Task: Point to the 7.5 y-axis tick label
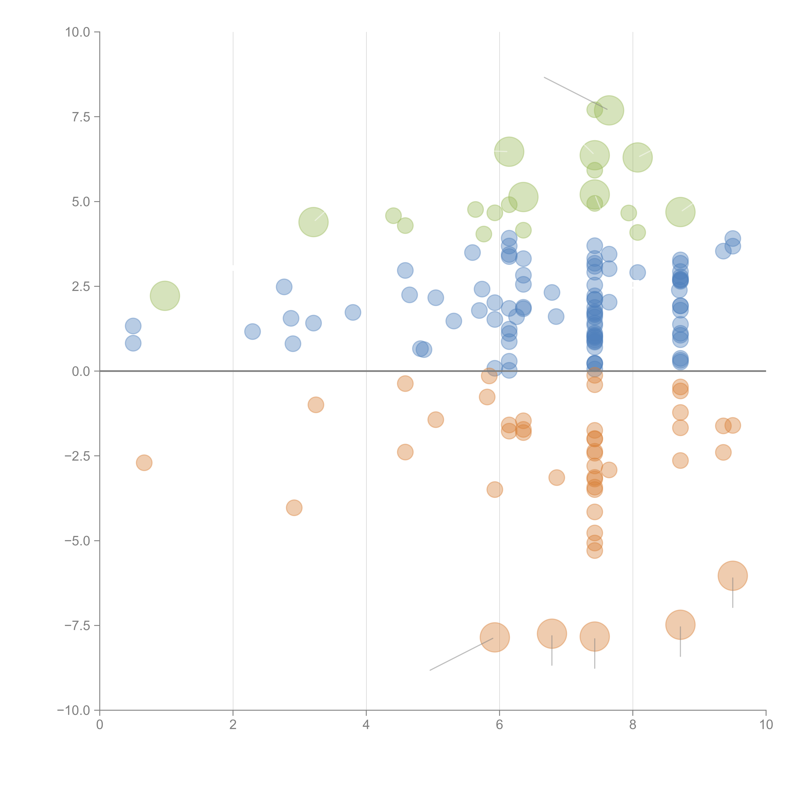[81, 117]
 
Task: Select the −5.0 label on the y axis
[77, 541]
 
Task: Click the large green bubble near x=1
[165, 296]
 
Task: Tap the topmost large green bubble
[609, 110]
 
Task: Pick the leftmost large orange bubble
[495, 637]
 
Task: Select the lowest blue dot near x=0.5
[133, 343]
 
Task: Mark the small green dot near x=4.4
[393, 216]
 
